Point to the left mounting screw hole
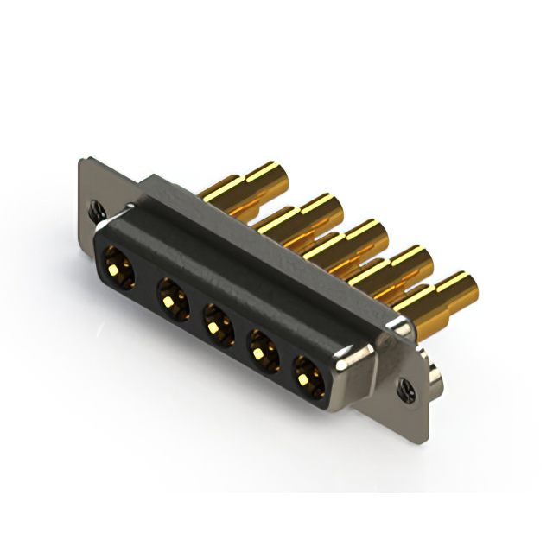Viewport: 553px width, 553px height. click(95, 208)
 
